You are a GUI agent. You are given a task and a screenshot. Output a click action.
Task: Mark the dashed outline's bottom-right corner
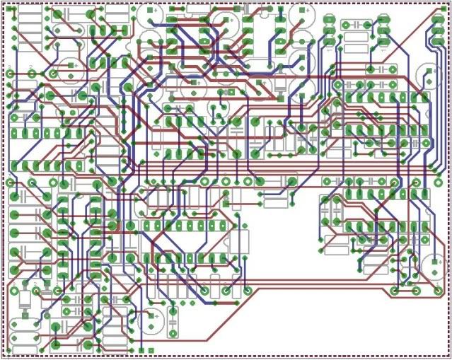[x=448, y=356]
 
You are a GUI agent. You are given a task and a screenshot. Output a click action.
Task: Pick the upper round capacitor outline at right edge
[x=429, y=74]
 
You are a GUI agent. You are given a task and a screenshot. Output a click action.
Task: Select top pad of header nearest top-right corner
[x=383, y=19]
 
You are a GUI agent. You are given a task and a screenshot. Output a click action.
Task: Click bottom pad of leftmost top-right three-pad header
[x=329, y=41]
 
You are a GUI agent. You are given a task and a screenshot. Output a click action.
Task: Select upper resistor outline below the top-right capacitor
[x=386, y=69]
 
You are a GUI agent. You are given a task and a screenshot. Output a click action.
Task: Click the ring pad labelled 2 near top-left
[x=31, y=74]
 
